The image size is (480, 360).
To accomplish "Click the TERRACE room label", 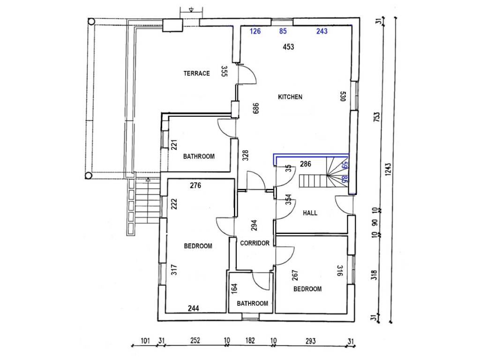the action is [x=196, y=74].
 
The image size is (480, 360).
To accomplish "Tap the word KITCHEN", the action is [x=290, y=97].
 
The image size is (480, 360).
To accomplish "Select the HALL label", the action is [x=310, y=213].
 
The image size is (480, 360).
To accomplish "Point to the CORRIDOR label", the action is [x=255, y=243].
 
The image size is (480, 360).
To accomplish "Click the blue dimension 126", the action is [x=255, y=31].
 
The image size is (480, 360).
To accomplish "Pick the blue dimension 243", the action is [x=322, y=31].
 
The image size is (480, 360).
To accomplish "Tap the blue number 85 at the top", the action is [x=283, y=31].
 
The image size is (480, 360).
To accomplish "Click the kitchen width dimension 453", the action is [x=288, y=47].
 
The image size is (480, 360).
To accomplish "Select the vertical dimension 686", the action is [x=256, y=108].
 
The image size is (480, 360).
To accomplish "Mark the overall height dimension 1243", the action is [x=388, y=169].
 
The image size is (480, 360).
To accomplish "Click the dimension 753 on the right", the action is [x=377, y=117].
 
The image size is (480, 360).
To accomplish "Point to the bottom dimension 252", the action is [x=195, y=340].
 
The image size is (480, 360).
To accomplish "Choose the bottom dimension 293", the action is [x=310, y=341].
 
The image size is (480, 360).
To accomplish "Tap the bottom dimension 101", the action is [x=145, y=340].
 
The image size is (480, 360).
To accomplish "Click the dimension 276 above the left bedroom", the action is [x=195, y=185].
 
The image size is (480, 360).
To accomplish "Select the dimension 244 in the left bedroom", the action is [x=194, y=308].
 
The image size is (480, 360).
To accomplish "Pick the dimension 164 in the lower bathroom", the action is [x=234, y=289].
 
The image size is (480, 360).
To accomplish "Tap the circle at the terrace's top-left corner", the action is [x=91, y=22].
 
